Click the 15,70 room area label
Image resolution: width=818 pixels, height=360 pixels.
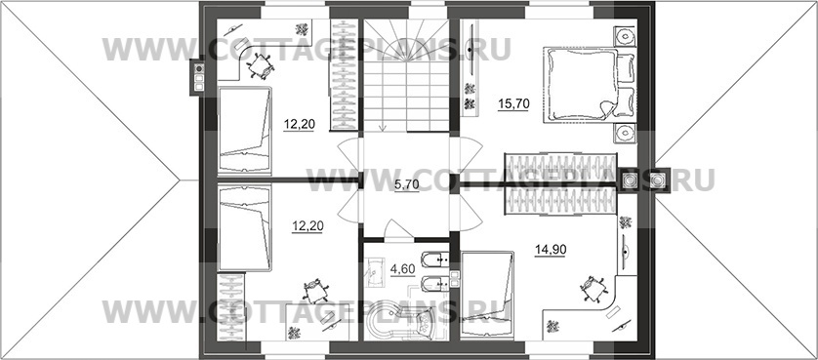[x=513, y=104]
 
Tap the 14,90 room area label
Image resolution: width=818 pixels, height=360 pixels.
[x=551, y=250]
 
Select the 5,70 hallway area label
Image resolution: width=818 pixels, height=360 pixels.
[x=406, y=184]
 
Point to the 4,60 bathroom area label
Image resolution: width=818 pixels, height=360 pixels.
[x=402, y=269]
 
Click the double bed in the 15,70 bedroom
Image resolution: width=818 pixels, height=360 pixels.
[x=581, y=85]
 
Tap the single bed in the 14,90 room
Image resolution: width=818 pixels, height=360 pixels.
[x=488, y=295]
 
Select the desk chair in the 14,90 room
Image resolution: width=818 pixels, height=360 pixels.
[x=593, y=289]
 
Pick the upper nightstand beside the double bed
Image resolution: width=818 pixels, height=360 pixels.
[x=625, y=36]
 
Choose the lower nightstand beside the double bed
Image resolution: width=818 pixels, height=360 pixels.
[x=625, y=134]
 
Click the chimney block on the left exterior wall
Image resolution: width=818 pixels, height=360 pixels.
[x=198, y=76]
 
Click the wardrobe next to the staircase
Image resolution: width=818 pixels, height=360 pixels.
[x=345, y=74]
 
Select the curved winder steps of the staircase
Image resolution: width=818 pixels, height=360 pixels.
[x=406, y=42]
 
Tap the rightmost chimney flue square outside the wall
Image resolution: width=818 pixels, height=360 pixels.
[x=659, y=180]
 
